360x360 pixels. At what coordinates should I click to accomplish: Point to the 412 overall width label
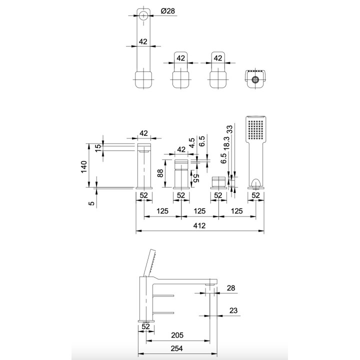pos(200,226)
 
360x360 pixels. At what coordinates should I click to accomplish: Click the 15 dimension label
pos(98,148)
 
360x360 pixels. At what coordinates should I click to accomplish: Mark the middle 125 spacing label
pos(199,211)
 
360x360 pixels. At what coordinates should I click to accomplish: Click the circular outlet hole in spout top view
pos(143,15)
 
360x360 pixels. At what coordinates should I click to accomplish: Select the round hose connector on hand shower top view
pos(255,79)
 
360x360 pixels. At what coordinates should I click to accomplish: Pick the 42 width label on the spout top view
pos(143,42)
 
